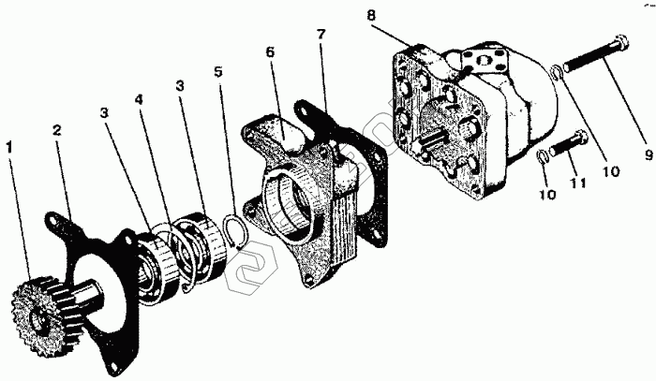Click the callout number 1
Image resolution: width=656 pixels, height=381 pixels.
[x=10, y=148]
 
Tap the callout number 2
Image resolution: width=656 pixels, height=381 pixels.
[x=57, y=132]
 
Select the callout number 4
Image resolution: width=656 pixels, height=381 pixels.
[x=139, y=99]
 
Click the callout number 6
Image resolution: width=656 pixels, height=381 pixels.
[x=270, y=53]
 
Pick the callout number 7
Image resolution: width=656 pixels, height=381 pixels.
[x=321, y=35]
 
